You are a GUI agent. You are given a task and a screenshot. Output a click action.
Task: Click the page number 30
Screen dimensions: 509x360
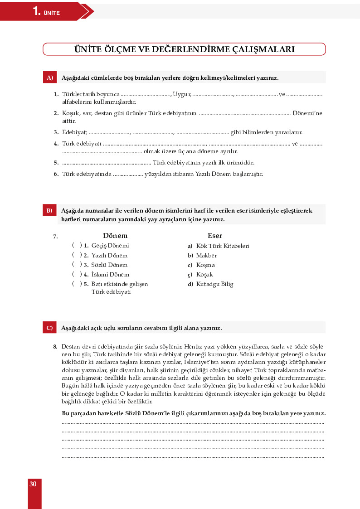[x=33, y=484]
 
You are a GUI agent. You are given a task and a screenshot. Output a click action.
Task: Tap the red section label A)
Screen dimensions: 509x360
[x=49, y=78]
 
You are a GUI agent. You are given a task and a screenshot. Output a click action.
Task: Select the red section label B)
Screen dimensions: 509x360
[x=49, y=211]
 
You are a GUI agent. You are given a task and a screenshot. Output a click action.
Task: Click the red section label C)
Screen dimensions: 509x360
[x=49, y=328]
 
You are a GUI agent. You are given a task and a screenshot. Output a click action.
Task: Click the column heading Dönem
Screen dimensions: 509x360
[x=115, y=236]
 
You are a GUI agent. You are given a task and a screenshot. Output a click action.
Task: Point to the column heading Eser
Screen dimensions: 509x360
[x=215, y=236]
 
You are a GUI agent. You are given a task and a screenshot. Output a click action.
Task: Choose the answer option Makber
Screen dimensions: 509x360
[x=206, y=256]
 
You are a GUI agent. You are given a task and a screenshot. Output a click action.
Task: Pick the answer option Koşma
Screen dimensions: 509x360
[x=205, y=265]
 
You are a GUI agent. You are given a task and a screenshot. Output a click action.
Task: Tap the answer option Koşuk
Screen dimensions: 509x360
[x=204, y=275]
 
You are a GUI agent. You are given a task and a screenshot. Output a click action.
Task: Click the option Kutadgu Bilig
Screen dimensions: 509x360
[x=214, y=284]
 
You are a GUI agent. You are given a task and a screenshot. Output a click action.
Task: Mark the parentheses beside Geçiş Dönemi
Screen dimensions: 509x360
[x=77, y=245]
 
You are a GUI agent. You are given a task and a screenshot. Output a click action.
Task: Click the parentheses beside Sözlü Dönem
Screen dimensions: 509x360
[x=77, y=264]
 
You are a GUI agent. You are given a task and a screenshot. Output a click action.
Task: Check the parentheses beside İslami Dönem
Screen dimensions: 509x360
[x=77, y=274]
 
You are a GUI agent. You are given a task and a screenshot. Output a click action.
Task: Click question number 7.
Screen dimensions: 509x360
[x=55, y=236]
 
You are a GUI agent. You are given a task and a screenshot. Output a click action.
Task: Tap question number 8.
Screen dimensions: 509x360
[x=55, y=346]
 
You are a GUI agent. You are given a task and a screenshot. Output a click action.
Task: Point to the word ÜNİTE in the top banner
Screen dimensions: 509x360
[x=52, y=13]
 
